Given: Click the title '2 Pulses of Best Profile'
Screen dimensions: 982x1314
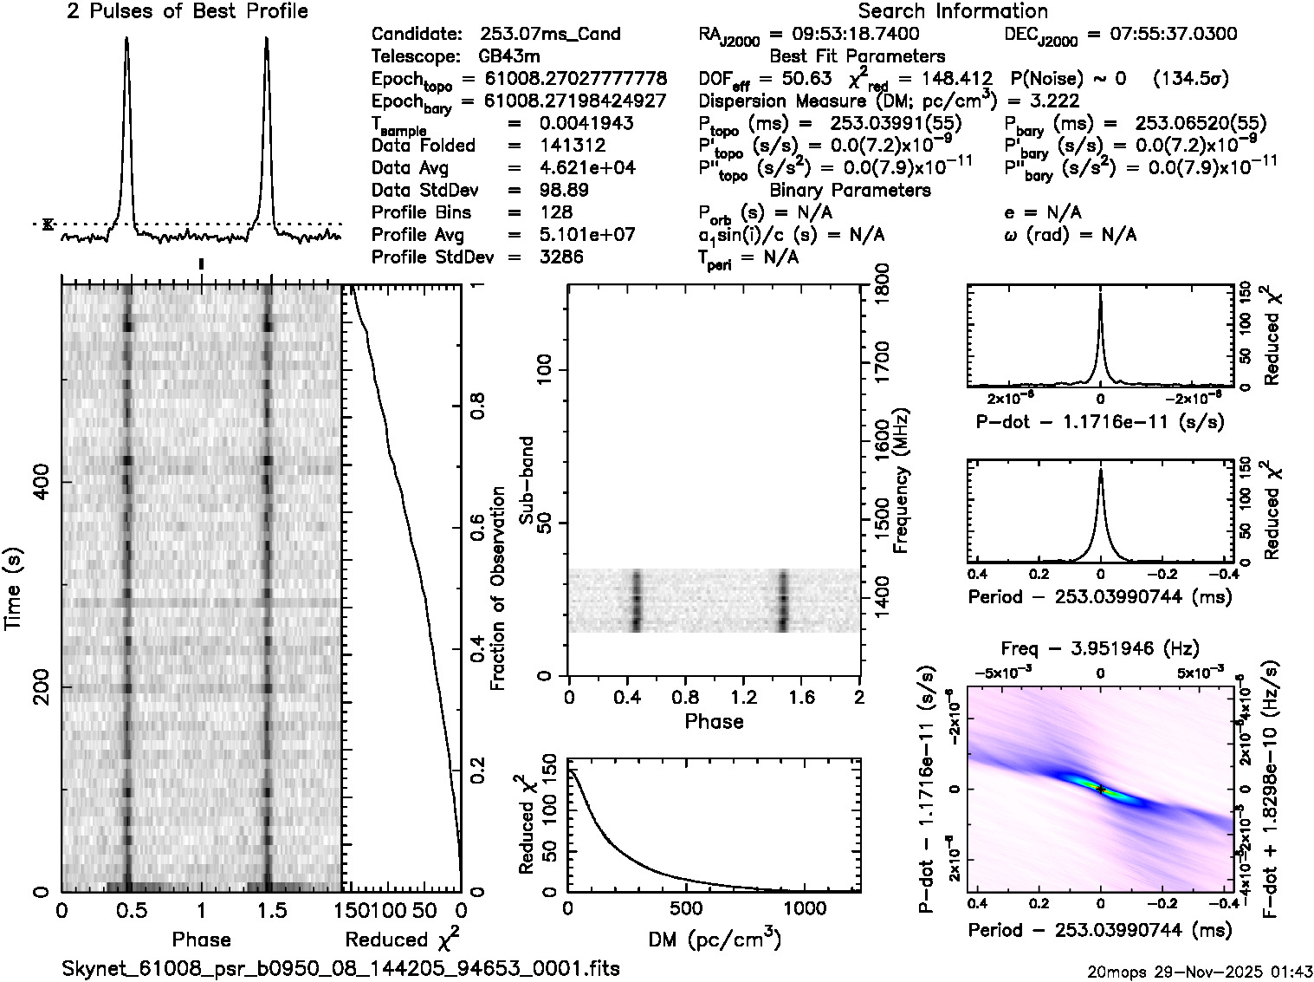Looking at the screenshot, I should [x=187, y=11].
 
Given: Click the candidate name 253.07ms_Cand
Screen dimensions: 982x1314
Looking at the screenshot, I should [x=550, y=35].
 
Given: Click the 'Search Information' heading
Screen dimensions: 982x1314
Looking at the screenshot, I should [x=953, y=11].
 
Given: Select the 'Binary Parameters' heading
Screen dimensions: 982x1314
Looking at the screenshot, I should [x=850, y=191].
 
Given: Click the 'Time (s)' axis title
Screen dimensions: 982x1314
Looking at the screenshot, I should [x=15, y=589].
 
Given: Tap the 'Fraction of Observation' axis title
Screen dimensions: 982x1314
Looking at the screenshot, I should [x=498, y=589].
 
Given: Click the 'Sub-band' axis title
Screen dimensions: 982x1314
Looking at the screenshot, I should [x=526, y=480].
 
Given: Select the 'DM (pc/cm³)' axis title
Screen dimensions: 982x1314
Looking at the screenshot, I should [x=714, y=939].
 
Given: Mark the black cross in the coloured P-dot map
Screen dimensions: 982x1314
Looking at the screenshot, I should [x=1101, y=790].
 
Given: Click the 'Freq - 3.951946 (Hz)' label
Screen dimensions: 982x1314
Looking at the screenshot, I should [x=1100, y=648].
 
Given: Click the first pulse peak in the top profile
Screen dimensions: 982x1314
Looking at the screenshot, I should [x=127, y=39].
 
